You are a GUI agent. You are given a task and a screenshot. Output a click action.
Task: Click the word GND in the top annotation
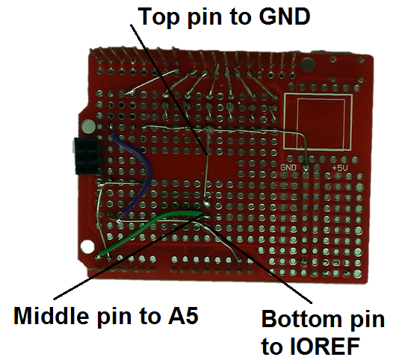coord(284,16)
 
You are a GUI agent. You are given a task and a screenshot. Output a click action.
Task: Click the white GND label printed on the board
coord(288,168)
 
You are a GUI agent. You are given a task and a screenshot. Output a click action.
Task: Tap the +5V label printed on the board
coord(340,168)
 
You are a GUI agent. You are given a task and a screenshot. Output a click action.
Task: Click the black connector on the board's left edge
coord(87,155)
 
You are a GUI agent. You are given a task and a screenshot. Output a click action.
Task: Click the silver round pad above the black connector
coord(88,126)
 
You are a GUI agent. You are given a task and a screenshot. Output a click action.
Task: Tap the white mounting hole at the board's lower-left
coord(87,247)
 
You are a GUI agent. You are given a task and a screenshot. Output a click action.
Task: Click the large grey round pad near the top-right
coord(308,65)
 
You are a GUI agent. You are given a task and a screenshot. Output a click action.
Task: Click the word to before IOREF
coord(273,346)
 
